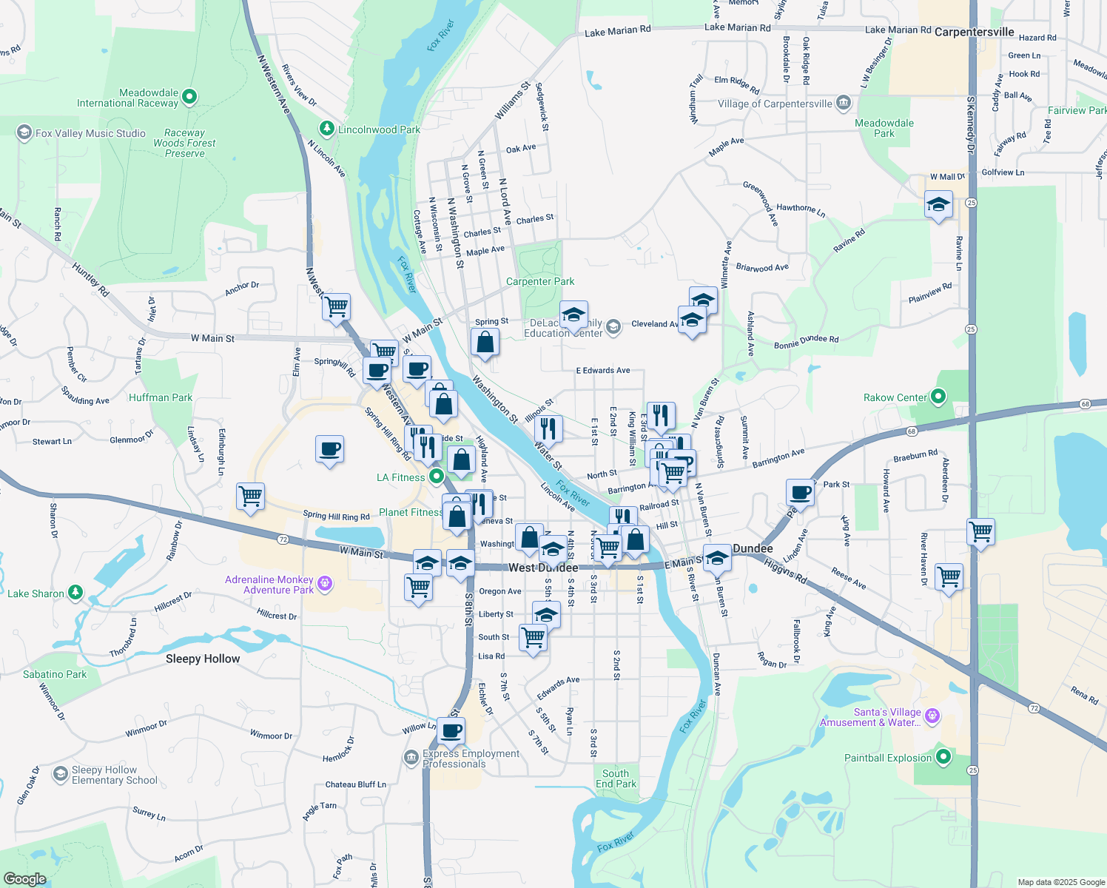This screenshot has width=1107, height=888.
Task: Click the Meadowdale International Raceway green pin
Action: click(x=189, y=96)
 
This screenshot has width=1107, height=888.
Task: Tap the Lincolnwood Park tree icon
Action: click(x=326, y=129)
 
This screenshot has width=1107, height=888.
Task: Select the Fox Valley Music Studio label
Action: click(x=90, y=133)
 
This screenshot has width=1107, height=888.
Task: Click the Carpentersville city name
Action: click(x=974, y=32)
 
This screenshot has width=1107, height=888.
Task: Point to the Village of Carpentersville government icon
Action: click(x=843, y=103)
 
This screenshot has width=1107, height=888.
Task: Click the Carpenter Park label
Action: click(x=539, y=281)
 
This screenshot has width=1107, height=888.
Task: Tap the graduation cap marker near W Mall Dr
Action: click(x=938, y=205)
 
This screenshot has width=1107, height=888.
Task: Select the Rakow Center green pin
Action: click(x=938, y=397)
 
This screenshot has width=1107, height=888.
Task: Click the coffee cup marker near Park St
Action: click(x=800, y=493)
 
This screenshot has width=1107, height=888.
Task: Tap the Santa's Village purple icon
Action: click(x=932, y=716)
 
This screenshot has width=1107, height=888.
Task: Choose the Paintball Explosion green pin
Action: click(x=943, y=757)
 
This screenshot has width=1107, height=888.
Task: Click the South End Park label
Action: click(x=616, y=778)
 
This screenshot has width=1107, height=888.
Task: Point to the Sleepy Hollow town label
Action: click(x=203, y=659)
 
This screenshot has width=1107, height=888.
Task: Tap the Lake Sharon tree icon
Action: click(x=75, y=593)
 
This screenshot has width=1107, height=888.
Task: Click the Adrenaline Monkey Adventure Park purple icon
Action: click(x=324, y=585)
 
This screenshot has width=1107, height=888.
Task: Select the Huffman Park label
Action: click(x=161, y=397)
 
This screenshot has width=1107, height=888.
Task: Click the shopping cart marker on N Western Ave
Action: click(x=337, y=306)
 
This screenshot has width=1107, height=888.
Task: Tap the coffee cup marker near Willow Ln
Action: click(x=451, y=731)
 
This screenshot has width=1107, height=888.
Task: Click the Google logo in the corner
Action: click(x=24, y=878)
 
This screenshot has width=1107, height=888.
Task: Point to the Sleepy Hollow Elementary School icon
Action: click(x=60, y=774)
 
